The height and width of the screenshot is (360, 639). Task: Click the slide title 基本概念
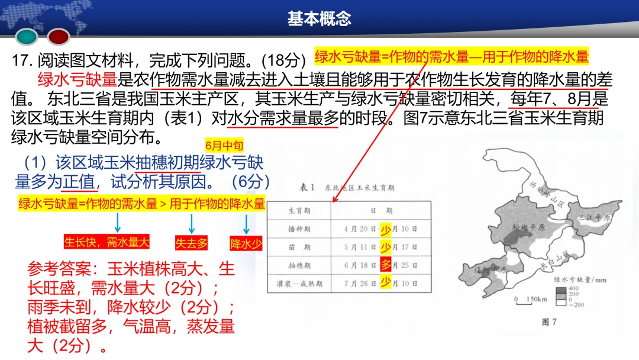(319, 19)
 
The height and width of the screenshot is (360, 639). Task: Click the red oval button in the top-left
(59, 37)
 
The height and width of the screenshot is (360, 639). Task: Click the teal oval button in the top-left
(27, 37)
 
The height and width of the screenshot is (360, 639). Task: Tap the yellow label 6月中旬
(224, 145)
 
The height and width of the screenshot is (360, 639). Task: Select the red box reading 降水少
(246, 243)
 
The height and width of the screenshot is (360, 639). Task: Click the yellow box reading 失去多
(191, 243)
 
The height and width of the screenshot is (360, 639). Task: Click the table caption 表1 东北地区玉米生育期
(347, 188)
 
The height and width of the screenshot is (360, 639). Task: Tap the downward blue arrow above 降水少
(247, 224)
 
